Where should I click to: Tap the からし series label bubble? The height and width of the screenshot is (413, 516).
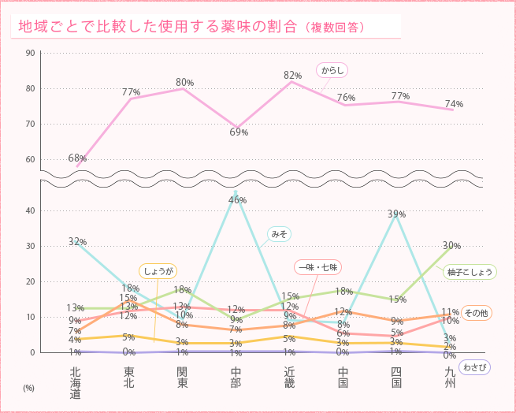tap(332, 70)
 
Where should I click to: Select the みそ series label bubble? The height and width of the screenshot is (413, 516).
tap(279, 233)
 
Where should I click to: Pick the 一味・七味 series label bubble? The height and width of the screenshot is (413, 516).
tap(316, 267)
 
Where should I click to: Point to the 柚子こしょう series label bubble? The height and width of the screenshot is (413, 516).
tap(470, 272)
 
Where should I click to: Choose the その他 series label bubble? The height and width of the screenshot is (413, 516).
tap(477, 313)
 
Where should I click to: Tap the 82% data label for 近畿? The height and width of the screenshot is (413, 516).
tap(292, 75)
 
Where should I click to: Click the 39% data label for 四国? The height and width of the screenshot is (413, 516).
tap(396, 214)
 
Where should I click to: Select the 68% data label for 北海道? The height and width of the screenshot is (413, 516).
tap(77, 158)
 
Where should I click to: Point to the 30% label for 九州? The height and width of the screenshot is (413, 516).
tap(451, 245)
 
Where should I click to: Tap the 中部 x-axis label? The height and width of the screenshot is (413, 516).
tap(236, 377)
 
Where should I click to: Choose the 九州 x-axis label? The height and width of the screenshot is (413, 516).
tap(450, 377)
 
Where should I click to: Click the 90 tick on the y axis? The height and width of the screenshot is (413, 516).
tap(30, 53)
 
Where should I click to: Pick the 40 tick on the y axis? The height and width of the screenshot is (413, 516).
tap(30, 210)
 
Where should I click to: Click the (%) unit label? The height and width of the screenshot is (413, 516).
tap(28, 388)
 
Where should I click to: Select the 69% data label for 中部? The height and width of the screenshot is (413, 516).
tap(239, 132)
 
